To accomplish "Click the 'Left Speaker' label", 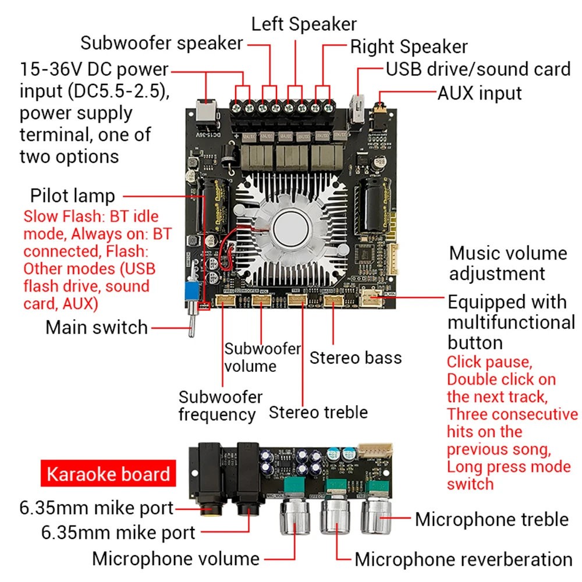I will pyautogui.click(x=304, y=24).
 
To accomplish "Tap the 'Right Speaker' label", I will pyautogui.click(x=409, y=47).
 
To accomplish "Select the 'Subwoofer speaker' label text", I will pyautogui.click(x=161, y=43).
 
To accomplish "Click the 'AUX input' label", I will pyautogui.click(x=480, y=93).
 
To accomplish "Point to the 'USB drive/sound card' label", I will pyautogui.click(x=478, y=69).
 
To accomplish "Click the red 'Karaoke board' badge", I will pyautogui.click(x=108, y=474).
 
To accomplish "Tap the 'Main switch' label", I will pyautogui.click(x=97, y=327).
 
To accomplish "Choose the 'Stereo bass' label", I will pyautogui.click(x=355, y=357).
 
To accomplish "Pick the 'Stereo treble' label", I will pyautogui.click(x=318, y=412).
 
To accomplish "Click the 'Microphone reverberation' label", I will pyautogui.click(x=463, y=559).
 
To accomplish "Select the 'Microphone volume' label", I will pyautogui.click(x=176, y=559).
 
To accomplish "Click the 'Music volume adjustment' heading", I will pyautogui.click(x=500, y=263).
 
